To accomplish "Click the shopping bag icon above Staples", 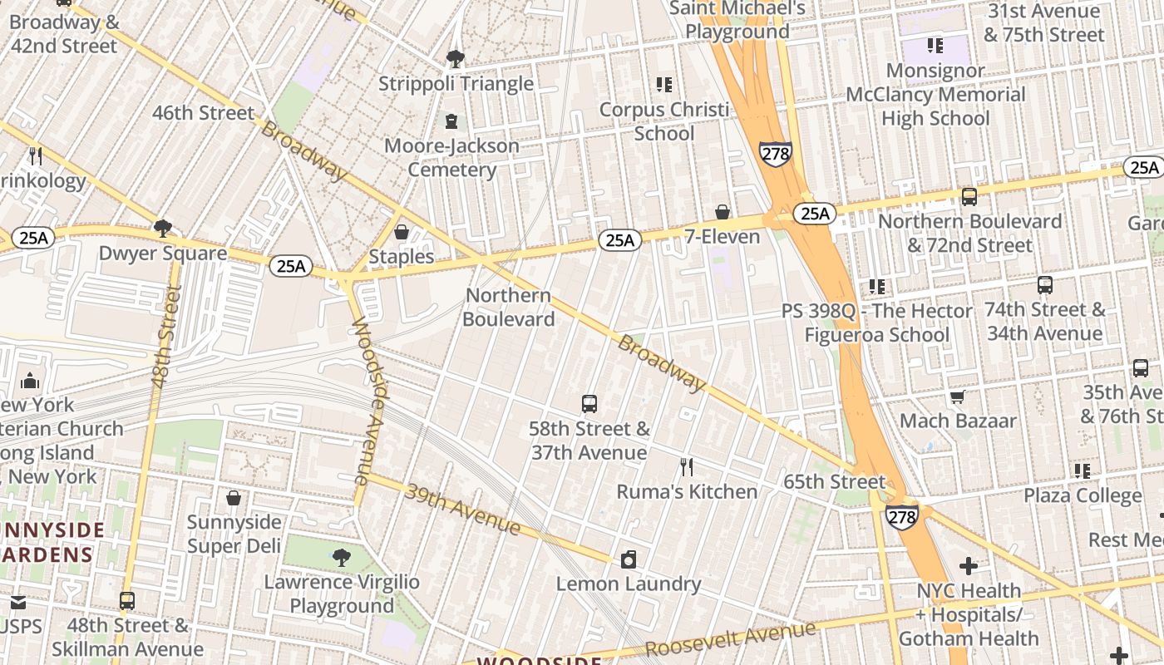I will click(402, 232).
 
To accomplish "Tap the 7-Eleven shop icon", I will click(723, 213).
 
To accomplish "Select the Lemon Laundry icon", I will click(629, 559).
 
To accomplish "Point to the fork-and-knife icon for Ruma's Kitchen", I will click(687, 467).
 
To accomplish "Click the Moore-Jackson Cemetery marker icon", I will click(451, 121).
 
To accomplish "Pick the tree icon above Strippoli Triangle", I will click(455, 59).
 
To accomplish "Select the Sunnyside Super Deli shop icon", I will click(234, 498).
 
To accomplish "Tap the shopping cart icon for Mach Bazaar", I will click(958, 397).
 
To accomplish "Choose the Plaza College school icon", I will click(1083, 471).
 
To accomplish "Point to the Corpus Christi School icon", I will click(663, 85).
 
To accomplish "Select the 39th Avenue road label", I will click(462, 509).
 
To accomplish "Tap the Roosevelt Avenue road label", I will click(730, 639).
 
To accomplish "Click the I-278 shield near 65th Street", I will click(902, 516).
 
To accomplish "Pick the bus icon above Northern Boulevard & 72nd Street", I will click(969, 197).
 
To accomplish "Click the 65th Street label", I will click(834, 482).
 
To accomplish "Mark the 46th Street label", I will click(203, 113).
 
